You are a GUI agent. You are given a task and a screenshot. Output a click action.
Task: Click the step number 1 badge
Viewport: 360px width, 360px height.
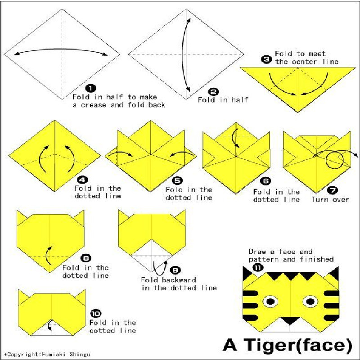click(90, 88)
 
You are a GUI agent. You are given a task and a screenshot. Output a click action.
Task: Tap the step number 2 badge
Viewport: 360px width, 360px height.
click(213, 92)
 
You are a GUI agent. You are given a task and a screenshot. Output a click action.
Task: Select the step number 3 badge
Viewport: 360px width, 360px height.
click(266, 60)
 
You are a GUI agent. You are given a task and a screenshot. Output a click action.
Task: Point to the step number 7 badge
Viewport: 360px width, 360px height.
click(332, 190)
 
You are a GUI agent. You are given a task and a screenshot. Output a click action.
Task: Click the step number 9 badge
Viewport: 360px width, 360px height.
click(175, 270)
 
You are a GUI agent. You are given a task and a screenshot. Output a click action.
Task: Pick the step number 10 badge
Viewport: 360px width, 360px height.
click(96, 313)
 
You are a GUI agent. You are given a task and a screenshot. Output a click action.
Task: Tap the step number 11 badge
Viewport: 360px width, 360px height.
click(257, 267)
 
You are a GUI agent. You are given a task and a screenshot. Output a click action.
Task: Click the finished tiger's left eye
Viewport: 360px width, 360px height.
click(270, 301)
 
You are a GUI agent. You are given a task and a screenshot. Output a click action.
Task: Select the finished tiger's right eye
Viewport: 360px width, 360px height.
click(310, 301)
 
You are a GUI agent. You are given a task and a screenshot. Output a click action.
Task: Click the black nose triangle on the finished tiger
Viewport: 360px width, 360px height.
click(290, 320)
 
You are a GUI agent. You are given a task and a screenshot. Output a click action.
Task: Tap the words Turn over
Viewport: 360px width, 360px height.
click(330, 199)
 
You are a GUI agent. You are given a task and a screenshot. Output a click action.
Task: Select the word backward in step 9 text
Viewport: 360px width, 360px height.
click(179, 280)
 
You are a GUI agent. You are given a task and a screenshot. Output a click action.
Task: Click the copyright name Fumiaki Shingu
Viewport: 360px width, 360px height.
click(66, 354)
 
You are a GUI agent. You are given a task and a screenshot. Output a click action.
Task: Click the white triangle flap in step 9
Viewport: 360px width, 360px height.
click(152, 263)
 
